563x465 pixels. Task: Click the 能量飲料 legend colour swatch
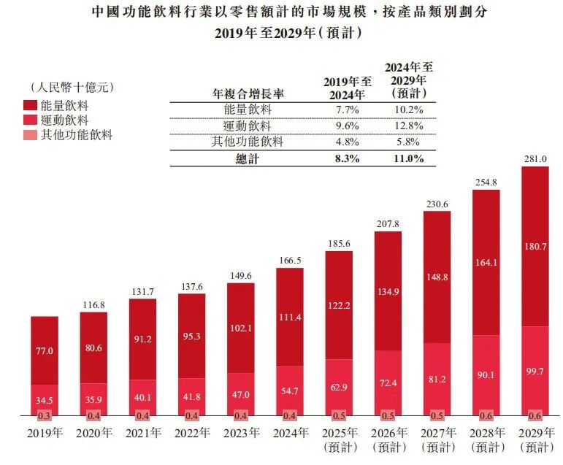coord(31,106)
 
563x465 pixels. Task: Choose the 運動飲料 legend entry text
coord(66,120)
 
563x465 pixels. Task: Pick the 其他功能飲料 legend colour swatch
coord(31,134)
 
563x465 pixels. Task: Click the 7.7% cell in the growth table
coord(343,109)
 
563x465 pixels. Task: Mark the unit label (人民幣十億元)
coord(69,88)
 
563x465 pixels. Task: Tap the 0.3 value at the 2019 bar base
coord(45,415)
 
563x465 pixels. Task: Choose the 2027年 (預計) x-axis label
coord(437,439)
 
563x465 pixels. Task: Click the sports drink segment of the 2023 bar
coord(241,394)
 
